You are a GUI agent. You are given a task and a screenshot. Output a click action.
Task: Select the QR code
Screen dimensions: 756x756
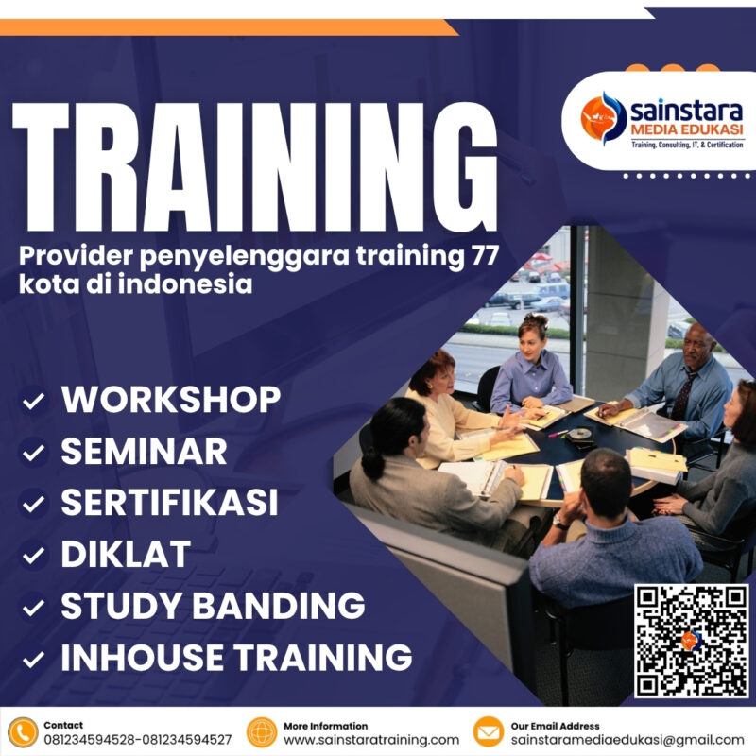point(691,641)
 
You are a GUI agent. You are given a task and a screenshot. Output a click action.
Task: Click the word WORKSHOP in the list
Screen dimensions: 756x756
point(171,400)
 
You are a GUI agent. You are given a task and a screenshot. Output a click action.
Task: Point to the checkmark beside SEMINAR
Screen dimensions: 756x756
point(34,454)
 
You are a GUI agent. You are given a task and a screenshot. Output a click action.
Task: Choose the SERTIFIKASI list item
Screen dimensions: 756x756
point(169,503)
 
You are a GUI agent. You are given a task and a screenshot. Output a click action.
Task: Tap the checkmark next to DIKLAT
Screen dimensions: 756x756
point(34,556)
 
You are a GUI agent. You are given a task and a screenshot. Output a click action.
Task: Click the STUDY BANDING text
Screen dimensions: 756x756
point(213,606)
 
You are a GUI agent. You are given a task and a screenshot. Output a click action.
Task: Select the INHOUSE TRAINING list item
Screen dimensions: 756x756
point(236,656)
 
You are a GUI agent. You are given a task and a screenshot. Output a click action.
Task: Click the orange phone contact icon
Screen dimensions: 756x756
point(22,732)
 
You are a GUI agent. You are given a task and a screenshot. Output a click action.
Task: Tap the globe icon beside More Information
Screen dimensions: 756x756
point(262,732)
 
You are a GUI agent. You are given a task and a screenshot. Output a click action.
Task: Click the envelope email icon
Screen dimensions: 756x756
point(488,732)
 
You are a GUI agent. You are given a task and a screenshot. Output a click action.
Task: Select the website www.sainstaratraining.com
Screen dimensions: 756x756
point(371,740)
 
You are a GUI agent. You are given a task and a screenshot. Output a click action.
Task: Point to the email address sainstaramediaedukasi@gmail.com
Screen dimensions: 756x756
point(627,740)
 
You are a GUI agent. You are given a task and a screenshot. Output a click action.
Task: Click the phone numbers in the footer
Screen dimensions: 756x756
point(138,740)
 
